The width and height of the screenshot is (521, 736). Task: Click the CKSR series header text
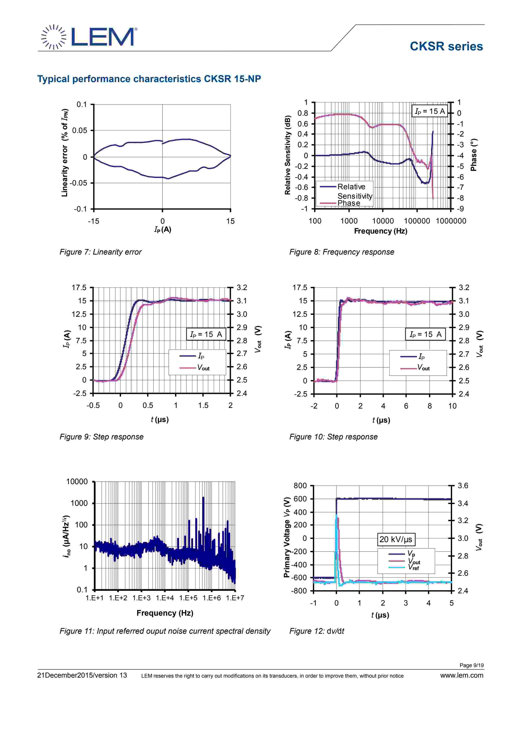pos(446,46)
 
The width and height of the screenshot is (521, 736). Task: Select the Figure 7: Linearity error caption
pos(100,252)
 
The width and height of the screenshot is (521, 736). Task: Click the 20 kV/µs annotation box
pos(396,539)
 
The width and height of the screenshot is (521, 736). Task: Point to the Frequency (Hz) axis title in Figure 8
pos(380,231)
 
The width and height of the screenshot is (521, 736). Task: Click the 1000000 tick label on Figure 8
pos(451,221)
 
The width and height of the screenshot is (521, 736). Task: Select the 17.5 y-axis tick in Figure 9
pos(79,288)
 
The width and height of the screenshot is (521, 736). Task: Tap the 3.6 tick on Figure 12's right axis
pos(463,486)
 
